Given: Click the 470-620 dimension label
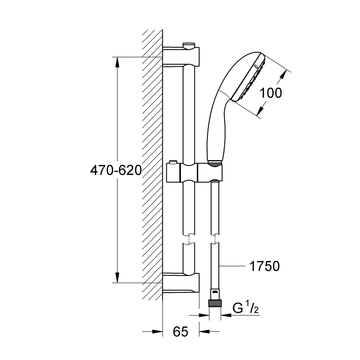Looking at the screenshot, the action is coord(116,170).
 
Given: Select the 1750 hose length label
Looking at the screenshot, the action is coord(265,266).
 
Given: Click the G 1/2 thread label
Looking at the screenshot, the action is coord(246,308).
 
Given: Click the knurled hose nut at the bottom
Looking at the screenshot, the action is coord(215,303).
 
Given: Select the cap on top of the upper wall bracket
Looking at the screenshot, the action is coord(189,46).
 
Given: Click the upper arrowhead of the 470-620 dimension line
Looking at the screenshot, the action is coord(117,62).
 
